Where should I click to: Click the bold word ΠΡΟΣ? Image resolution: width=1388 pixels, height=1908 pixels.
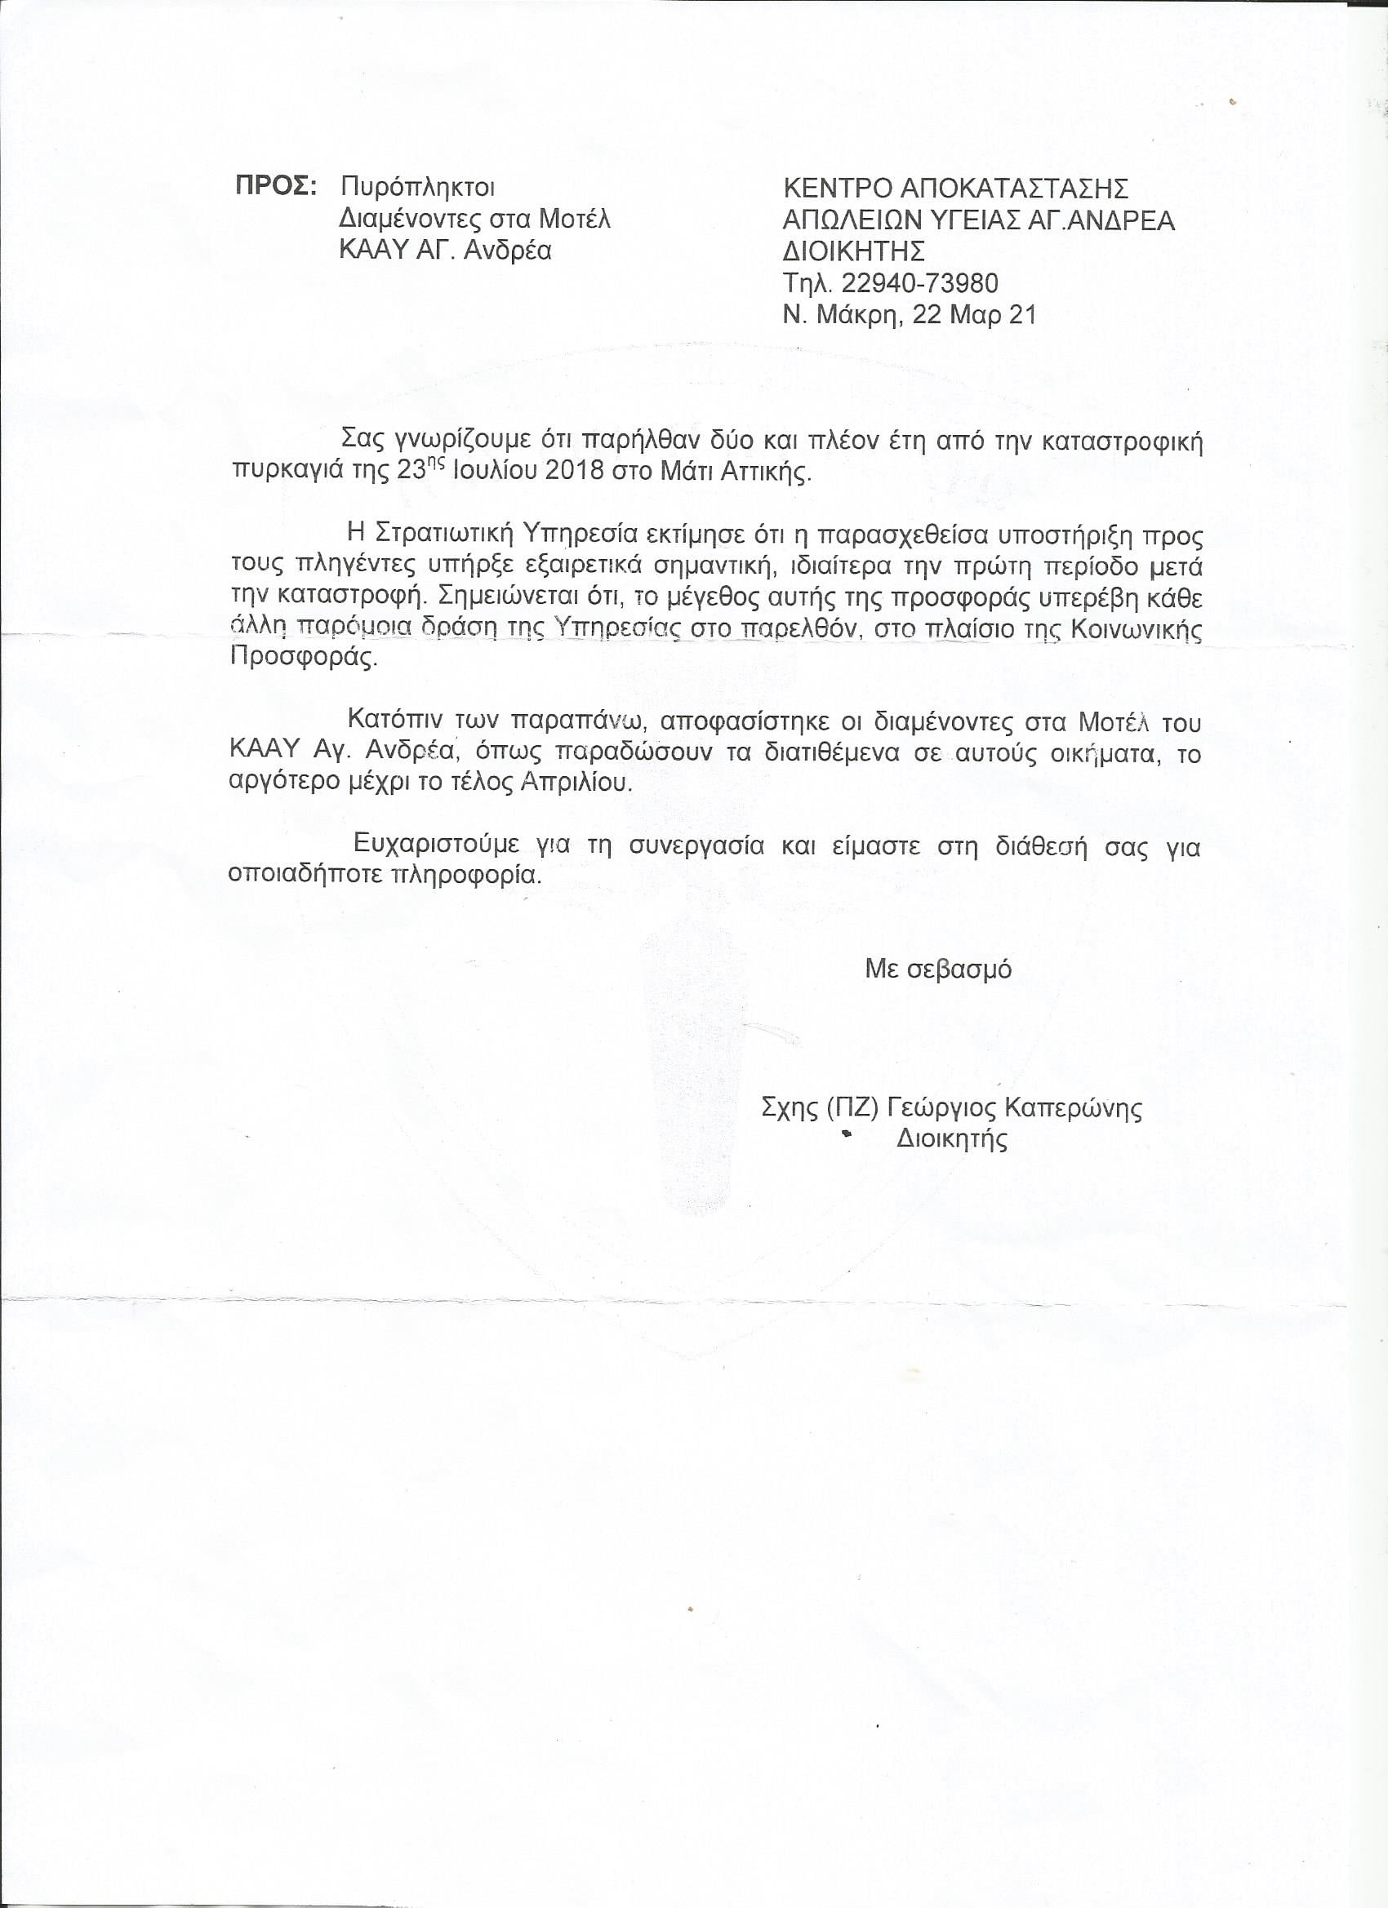[274, 187]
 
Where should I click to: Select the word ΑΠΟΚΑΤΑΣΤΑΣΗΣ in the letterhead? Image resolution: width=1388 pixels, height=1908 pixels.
[1014, 188]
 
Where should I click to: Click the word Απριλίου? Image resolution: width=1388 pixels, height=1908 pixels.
[576, 782]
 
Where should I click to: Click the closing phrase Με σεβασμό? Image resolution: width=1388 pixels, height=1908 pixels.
[937, 970]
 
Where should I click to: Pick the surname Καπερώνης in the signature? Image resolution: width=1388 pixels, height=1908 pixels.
[1074, 1109]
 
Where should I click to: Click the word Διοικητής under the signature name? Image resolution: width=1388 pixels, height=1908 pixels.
[951, 1140]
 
